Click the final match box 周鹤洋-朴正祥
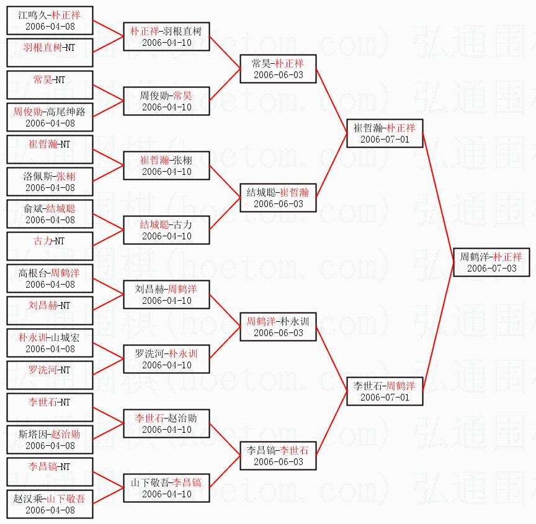click(490, 262)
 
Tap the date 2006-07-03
click(491, 269)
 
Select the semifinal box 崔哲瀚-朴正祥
click(385, 133)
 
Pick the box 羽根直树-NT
click(50, 53)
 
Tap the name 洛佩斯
click(37, 176)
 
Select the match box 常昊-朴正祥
click(278, 68)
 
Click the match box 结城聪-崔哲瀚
click(278, 197)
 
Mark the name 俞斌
click(33, 208)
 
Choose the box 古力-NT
click(50, 246)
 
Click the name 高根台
click(33, 272)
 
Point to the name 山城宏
click(66, 337)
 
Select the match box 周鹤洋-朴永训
click(278, 326)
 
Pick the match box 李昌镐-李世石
click(278, 455)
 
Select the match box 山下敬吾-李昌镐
click(166, 487)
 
